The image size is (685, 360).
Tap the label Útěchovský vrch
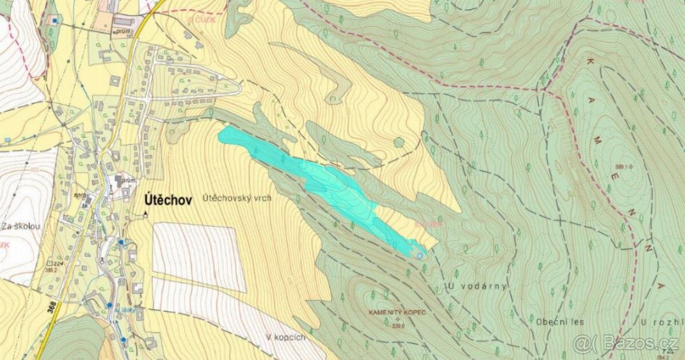(x=237, y=199)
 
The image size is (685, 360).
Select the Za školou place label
(x=21, y=226)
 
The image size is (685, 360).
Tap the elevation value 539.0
(x=398, y=326)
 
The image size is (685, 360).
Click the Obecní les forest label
(x=559, y=322)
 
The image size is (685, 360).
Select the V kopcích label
(x=285, y=337)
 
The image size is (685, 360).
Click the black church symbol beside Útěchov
(x=145, y=215)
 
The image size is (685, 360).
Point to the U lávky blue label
(x=124, y=310)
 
